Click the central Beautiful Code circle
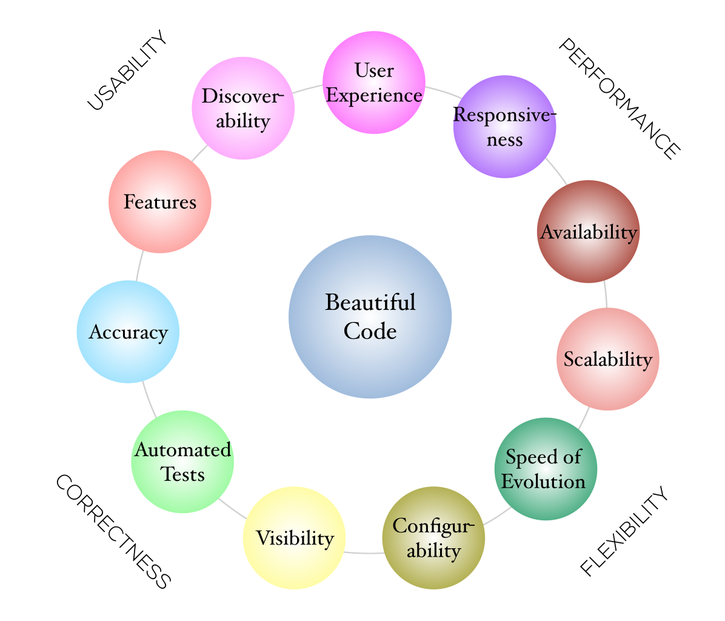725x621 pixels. coord(370,317)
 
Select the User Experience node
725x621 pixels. coord(374,82)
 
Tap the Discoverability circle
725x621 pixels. coord(243,109)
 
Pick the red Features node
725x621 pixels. coord(160,201)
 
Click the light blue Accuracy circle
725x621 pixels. coord(128,332)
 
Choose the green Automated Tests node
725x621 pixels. coord(182,462)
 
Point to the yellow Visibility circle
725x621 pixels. coord(294,537)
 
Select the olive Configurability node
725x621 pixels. coord(433,537)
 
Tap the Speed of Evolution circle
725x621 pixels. coord(546,469)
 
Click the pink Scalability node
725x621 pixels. coord(607,359)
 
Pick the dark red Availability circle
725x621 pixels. coord(588,232)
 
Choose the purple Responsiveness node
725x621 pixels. coord(504,127)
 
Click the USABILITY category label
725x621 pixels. coord(127,72)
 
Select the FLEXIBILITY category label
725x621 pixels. coord(624,532)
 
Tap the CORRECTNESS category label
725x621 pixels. coord(113,532)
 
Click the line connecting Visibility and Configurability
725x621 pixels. coord(364,552)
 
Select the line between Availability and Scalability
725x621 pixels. coord(606,295)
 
